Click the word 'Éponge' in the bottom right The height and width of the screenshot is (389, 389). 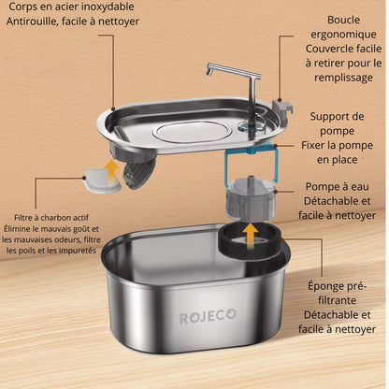339,285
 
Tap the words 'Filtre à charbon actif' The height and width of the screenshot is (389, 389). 52,215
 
